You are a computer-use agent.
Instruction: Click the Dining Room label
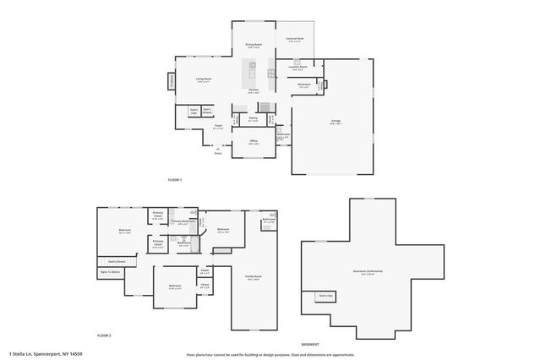(254, 46)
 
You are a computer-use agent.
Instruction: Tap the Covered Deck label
(295, 40)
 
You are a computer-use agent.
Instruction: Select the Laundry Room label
(298, 68)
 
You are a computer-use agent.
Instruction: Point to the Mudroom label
(304, 85)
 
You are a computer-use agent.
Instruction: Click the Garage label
(336, 121)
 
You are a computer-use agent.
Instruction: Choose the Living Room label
(204, 80)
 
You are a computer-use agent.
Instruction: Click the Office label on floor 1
(253, 143)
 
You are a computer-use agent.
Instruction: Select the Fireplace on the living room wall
(172, 81)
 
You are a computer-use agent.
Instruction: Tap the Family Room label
(253, 277)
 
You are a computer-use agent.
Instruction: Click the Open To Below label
(110, 272)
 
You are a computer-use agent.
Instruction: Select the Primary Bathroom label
(185, 222)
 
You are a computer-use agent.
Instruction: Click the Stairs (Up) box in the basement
(325, 296)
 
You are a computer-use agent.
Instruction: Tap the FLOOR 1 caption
(174, 180)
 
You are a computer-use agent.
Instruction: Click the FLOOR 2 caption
(104, 335)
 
